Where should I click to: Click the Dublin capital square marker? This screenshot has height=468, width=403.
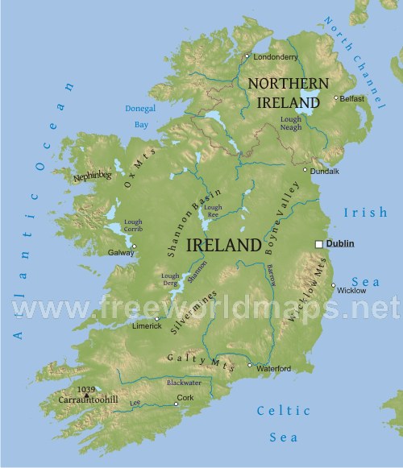[x=319, y=244]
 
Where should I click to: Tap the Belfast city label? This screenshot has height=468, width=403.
[x=351, y=99]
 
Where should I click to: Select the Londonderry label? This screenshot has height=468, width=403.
[x=275, y=57]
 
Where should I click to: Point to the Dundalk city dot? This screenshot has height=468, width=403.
[x=305, y=170]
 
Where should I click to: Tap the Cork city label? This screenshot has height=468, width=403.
[x=185, y=397]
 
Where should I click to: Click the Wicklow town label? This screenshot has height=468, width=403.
[x=351, y=290]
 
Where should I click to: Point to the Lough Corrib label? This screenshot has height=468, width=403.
[x=135, y=226]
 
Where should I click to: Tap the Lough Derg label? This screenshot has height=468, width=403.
[x=171, y=280]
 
